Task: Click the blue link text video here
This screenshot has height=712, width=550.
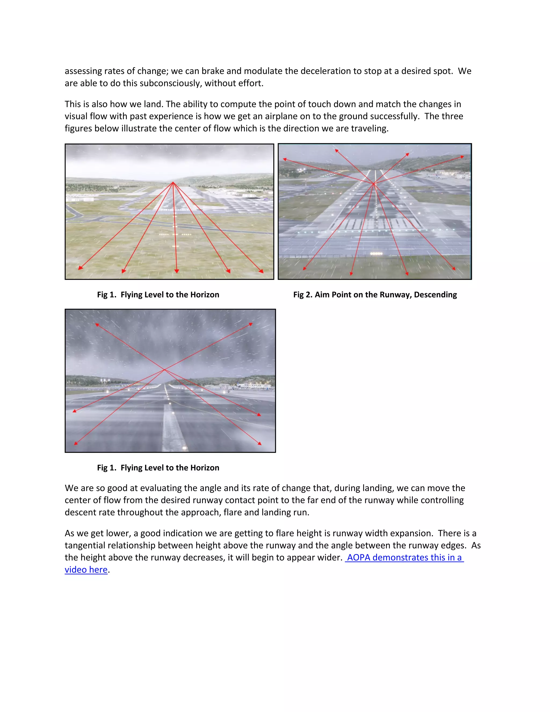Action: pyautogui.click(x=86, y=570)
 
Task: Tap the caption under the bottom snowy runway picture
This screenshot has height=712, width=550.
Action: pyautogui.click(x=158, y=468)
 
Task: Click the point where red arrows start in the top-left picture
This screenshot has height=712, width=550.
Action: pyautogui.click(x=173, y=182)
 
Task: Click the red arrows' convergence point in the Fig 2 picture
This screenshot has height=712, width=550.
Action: pyautogui.click(x=374, y=184)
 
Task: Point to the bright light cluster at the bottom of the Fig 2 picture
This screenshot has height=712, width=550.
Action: pyautogui.click(x=376, y=254)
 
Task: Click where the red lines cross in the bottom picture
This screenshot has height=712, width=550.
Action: pyautogui.click(x=165, y=370)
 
